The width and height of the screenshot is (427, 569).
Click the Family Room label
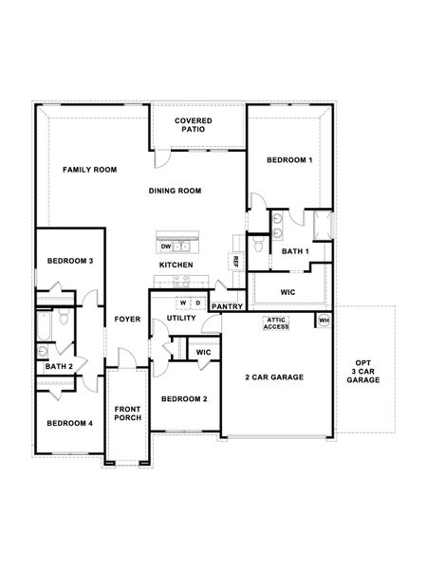coord(89,170)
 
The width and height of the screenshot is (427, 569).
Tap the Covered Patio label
coord(193,126)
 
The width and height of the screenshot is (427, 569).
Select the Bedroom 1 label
coord(289,160)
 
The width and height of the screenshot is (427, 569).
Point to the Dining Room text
coord(176,192)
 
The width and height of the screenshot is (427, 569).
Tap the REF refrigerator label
coord(233,261)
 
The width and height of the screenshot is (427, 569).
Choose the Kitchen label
coord(176,265)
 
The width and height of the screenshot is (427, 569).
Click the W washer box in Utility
coord(181,303)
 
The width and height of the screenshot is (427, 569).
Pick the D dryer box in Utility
coord(197,303)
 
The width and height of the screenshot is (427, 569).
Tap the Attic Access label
coord(276,323)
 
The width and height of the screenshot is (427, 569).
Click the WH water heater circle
coord(324,320)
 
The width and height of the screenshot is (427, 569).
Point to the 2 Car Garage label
coord(275,376)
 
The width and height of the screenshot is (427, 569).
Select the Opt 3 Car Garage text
coord(363,371)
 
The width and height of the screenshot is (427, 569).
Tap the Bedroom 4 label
coord(69,423)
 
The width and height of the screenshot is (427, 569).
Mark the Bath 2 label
coord(59,366)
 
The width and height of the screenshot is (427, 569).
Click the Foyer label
coord(127,319)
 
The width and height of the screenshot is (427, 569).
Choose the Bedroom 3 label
coord(69,261)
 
